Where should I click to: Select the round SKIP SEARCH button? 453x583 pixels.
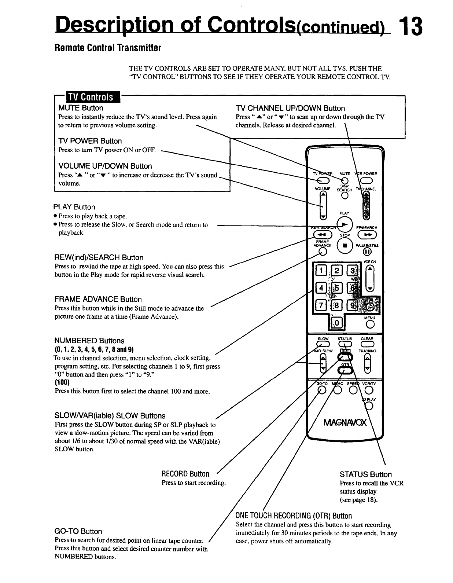pyautogui.click(x=345, y=195)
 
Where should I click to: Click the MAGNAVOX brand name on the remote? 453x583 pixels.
pyautogui.click(x=345, y=423)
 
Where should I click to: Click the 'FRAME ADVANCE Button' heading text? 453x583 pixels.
pyautogui.click(x=98, y=299)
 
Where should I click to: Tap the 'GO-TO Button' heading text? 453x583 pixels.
pyautogui.click(x=78, y=531)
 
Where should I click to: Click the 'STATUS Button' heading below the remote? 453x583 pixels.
pyautogui.click(x=365, y=474)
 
